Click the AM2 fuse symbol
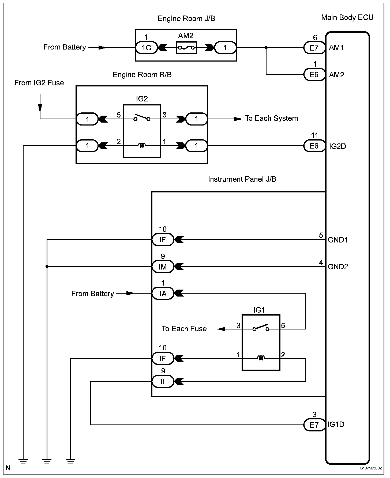tap(186, 48)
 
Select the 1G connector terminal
tap(147, 48)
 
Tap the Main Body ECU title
tap(347, 18)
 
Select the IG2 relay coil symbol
tap(142, 146)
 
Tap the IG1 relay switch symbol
tap(261, 328)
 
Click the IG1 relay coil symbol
tap(261, 358)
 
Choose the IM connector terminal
tap(163, 267)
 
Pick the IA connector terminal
tap(163, 294)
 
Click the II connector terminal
tap(163, 381)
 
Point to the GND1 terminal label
tap(338, 240)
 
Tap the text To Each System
tap(271, 118)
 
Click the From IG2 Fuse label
tap(39, 83)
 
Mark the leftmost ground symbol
tap(23, 461)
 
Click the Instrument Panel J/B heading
tap(242, 179)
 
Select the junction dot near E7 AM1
tap(266, 48)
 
